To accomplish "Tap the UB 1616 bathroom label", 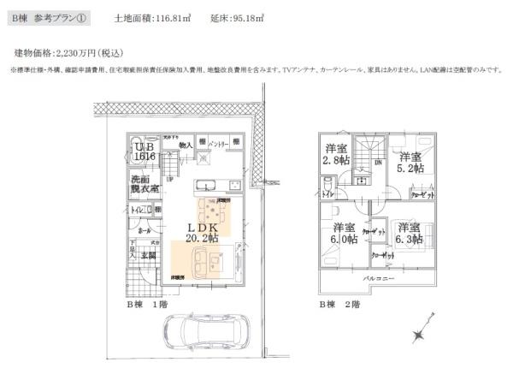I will (x=143, y=152).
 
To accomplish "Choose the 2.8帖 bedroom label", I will (x=335, y=153).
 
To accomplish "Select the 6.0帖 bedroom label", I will (x=345, y=233).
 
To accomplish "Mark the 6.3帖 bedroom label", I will (x=410, y=234).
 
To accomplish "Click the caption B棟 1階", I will (x=148, y=304).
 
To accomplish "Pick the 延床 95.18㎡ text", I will (x=226, y=17).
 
